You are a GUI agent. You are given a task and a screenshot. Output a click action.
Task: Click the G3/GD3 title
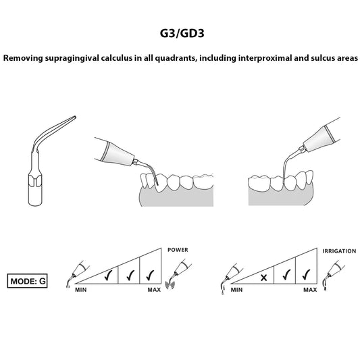tap(182, 33)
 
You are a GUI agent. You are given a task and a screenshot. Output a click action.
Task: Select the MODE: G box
tap(27, 281)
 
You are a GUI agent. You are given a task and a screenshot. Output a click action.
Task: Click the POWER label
tap(178, 250)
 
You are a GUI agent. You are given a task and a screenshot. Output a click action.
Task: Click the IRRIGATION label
tap(339, 251)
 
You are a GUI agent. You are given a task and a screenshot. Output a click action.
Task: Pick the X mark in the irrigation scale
tap(264, 278)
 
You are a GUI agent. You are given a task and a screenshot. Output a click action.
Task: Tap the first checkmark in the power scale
tap(108, 275)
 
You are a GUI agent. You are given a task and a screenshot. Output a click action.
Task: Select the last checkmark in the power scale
tap(150, 275)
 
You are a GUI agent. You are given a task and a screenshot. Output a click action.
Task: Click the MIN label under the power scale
tap(81, 290)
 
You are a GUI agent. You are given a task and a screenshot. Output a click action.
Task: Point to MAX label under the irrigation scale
tap(310, 290)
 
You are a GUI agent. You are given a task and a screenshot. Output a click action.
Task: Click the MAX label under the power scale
tap(154, 290)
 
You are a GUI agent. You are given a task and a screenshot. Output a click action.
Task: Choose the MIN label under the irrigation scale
tap(236, 290)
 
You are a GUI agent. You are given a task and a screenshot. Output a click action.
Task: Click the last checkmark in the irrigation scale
tap(307, 275)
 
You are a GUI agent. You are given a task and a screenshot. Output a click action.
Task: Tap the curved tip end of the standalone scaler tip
tap(74, 118)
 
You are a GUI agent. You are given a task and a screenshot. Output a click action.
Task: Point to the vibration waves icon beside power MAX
tap(170, 285)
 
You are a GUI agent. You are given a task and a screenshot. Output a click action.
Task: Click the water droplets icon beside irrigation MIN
tap(222, 290)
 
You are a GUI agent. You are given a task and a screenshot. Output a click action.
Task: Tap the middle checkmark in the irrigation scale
tap(286, 275)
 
